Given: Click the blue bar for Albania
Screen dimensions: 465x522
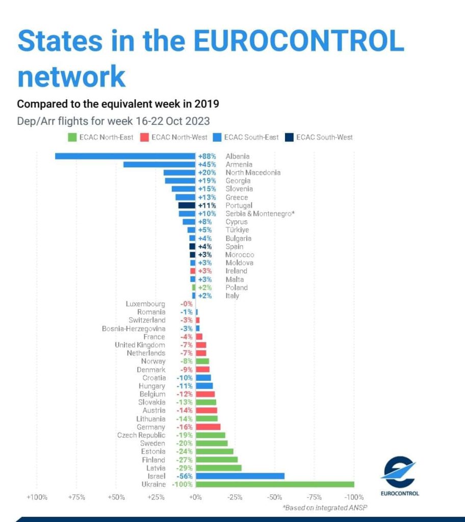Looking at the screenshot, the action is click(125, 156).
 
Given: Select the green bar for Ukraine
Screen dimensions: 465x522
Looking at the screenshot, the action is click(275, 484).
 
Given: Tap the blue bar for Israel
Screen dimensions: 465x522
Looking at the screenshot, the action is click(240, 476).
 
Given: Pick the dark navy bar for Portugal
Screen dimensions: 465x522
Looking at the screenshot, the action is click(187, 205).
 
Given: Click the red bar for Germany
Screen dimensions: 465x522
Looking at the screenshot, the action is click(208, 427).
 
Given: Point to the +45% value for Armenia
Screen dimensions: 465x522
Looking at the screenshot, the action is click(207, 165).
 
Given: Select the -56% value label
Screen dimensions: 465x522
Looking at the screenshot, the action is click(185, 476).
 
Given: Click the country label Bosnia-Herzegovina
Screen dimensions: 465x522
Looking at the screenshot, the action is click(134, 329).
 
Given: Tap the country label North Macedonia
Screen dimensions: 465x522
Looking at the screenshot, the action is click(253, 172).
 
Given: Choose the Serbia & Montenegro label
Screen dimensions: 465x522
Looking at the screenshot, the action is click(260, 214).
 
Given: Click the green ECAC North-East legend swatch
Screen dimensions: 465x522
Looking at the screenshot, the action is click(72, 138).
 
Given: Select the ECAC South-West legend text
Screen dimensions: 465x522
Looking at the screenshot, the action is click(324, 137).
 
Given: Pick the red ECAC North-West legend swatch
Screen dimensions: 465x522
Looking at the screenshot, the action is click(144, 138).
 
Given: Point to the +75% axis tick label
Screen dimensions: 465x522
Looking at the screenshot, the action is click(76, 498).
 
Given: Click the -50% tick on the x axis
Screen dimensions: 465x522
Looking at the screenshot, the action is click(274, 498).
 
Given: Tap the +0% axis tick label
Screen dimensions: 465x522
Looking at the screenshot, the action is click(195, 498).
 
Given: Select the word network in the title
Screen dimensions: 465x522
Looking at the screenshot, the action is click(71, 76).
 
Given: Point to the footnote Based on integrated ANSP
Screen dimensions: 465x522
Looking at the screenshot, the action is click(325, 508).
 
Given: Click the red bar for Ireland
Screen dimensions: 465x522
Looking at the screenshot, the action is click(193, 271).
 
